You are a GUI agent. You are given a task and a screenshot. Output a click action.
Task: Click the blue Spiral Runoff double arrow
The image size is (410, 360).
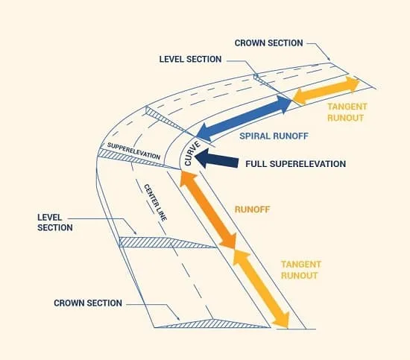(244, 119)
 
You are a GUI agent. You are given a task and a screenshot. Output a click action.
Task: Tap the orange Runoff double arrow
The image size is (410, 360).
(208, 209)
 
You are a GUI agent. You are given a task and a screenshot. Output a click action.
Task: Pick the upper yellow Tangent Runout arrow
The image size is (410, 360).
(326, 90)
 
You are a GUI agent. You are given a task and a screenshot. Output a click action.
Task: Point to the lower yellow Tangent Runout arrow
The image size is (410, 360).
(261, 289)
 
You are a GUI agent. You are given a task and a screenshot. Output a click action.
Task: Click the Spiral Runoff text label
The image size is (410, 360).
(274, 136)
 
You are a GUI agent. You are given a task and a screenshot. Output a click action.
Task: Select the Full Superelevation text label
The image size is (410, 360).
(295, 164)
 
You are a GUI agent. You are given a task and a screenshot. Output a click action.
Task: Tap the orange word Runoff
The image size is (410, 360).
(252, 209)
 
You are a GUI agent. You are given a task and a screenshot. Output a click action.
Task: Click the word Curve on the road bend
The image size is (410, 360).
(192, 154)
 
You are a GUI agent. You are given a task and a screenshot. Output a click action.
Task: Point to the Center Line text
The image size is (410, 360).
(155, 203)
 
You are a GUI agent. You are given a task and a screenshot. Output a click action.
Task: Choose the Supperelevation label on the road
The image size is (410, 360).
(133, 151)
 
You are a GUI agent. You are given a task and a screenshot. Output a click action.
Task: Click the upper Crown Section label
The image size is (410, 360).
(269, 43)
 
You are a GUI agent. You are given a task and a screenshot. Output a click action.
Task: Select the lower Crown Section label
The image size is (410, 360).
(88, 303)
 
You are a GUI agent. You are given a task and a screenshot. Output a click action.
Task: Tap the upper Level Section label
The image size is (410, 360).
(190, 59)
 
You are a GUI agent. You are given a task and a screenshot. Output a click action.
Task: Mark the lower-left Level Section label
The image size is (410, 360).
(55, 222)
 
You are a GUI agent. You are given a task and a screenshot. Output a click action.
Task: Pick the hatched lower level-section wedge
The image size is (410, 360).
(162, 243)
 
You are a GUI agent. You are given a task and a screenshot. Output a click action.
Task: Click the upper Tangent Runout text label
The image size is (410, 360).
(347, 113)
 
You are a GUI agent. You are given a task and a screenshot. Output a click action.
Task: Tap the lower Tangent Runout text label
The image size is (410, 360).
(301, 270)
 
